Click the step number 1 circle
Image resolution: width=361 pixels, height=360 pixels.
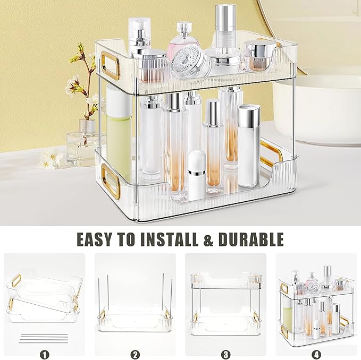pyautogui.click(x=45, y=353)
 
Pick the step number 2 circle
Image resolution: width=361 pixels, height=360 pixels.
pyautogui.click(x=135, y=353)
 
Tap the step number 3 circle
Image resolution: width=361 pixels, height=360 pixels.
pyautogui.click(x=225, y=353)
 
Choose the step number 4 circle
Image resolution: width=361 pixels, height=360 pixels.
pyautogui.click(x=316, y=353)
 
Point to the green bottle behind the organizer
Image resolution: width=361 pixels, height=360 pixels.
pyautogui.click(x=119, y=133)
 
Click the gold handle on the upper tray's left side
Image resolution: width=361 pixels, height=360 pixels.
pyautogui.click(x=111, y=68)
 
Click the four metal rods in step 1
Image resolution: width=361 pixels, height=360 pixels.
pyautogui.click(x=45, y=337)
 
